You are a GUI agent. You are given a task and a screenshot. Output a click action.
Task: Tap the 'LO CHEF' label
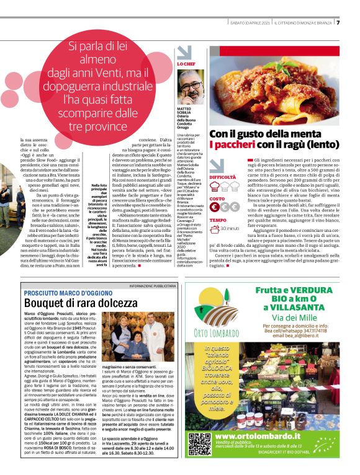[x=186, y=64]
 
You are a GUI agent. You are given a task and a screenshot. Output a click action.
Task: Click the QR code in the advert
[x=199, y=461]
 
